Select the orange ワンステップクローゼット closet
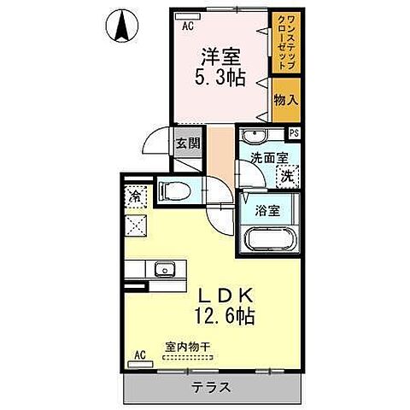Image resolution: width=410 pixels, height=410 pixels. (284, 43)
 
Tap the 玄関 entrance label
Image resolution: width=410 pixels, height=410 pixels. (187, 143)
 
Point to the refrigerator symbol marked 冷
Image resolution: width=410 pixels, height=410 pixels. (135, 196)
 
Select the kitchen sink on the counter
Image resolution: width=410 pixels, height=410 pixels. (162, 272)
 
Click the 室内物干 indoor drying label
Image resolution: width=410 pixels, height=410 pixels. (188, 348)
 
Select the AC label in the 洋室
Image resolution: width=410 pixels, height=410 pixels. (188, 26)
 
